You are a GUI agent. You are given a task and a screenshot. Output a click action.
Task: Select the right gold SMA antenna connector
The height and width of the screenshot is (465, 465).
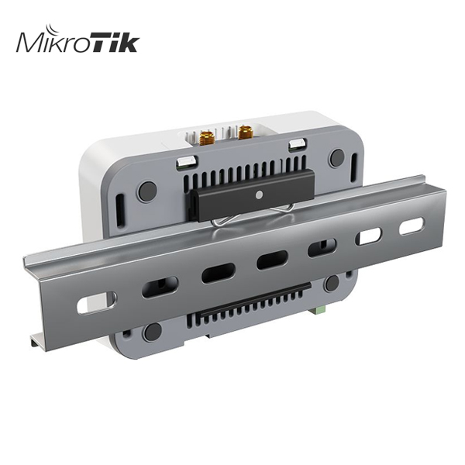point(245,132)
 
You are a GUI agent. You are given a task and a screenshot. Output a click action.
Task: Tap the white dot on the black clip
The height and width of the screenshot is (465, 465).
point(260,195)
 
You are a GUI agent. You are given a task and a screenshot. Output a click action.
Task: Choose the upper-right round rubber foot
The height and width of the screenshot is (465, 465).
point(338,157)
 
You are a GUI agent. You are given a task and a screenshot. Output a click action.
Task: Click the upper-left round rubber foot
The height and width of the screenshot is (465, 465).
point(148,189)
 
